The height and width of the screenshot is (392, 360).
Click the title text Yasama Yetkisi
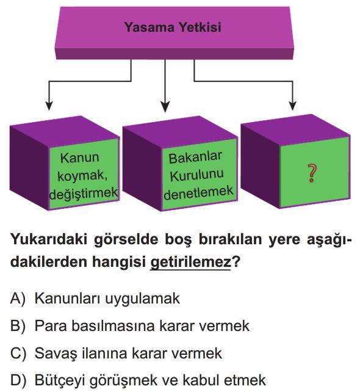173,27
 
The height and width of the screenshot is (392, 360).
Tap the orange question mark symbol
312,173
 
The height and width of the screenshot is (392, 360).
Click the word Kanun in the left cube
79,158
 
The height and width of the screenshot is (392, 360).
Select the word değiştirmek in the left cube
84,193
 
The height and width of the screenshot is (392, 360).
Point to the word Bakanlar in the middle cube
195,158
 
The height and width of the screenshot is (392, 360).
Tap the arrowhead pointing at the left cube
49,106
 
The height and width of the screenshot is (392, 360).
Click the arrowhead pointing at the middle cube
165,107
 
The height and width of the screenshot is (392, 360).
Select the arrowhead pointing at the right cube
292,106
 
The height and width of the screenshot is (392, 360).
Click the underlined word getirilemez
190,263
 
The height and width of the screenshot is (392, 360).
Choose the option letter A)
18,299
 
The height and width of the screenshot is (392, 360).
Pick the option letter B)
18,326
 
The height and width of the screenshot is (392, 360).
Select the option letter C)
18,354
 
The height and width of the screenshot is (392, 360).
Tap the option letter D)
18,380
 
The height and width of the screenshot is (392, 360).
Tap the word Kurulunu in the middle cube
196,175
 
